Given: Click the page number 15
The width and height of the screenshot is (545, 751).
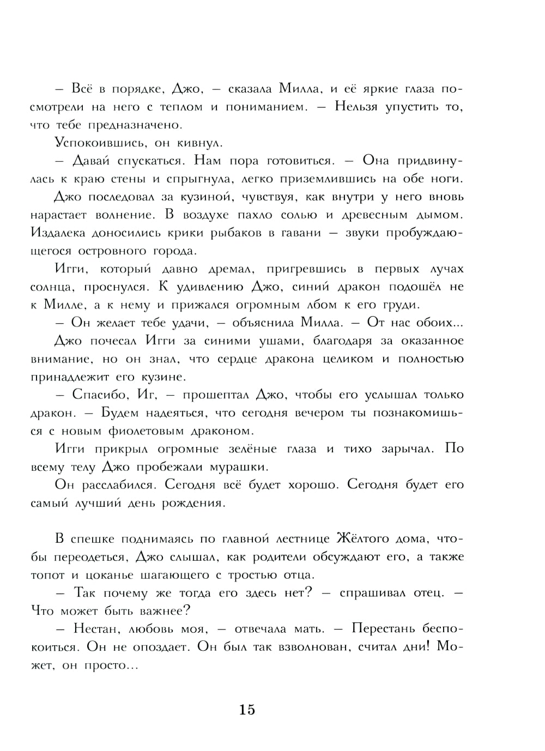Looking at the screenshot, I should (x=247, y=710).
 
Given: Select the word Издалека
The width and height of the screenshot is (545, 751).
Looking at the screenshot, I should (x=57, y=233).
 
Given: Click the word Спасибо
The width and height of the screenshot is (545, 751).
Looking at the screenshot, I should (x=100, y=395).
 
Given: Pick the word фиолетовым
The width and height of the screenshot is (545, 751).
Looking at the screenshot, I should (x=147, y=431).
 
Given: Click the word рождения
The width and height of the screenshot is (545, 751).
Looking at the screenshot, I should (x=193, y=503).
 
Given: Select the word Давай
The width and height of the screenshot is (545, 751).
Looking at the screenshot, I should (x=90, y=161).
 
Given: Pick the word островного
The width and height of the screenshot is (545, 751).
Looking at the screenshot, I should (x=112, y=252).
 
